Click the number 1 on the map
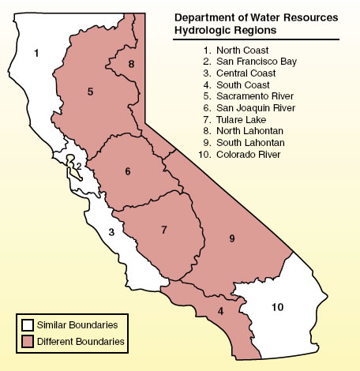point(36,54)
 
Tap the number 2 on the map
point(79,166)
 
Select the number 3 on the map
point(111,232)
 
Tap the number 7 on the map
point(163,230)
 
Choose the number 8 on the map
point(132,63)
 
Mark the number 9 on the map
point(232,237)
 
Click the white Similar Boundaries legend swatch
point(27,324)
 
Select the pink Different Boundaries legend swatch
point(27,341)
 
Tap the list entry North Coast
point(236,50)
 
